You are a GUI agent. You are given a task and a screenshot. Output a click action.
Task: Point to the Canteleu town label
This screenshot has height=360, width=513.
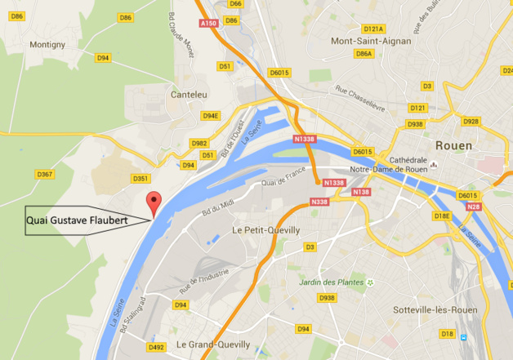pos(188,96)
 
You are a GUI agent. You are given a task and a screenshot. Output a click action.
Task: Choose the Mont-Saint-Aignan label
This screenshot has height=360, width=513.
pos(369,41)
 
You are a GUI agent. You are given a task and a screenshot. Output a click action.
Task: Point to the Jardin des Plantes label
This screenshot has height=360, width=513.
pos(332,282)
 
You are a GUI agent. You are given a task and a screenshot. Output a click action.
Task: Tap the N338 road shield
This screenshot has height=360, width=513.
pos(319,201)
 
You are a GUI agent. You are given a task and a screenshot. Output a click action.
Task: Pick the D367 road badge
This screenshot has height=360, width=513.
pos(45,174)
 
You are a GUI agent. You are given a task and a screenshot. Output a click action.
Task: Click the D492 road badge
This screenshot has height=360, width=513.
pos(156,347)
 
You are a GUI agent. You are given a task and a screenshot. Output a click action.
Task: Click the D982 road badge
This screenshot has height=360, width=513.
pos(199,143)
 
